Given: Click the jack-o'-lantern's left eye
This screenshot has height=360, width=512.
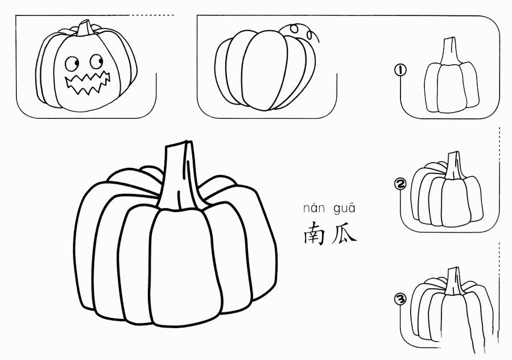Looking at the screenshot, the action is click(x=72, y=63).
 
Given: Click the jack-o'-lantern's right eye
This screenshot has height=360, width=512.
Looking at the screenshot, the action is click(x=97, y=61).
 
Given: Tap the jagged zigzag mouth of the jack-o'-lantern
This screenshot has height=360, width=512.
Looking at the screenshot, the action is click(x=88, y=84).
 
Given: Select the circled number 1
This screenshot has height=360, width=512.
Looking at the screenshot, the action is click(x=400, y=70).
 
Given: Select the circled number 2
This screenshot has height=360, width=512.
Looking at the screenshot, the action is click(x=400, y=185).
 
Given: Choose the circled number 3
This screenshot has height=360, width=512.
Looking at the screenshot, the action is click(x=400, y=299).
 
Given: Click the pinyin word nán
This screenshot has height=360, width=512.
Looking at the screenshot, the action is click(x=314, y=208).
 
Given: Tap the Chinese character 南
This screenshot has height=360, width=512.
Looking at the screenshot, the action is click(x=314, y=233).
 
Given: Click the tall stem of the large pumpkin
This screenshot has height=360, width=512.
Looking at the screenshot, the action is click(x=180, y=176).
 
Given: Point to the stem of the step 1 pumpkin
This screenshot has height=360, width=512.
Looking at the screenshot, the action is click(x=449, y=51).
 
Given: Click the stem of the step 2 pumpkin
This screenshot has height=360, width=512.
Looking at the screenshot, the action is click(x=454, y=165).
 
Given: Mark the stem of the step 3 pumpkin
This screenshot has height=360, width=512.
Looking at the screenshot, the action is click(x=454, y=282).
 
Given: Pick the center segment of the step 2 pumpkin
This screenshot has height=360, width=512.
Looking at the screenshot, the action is click(x=456, y=202).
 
